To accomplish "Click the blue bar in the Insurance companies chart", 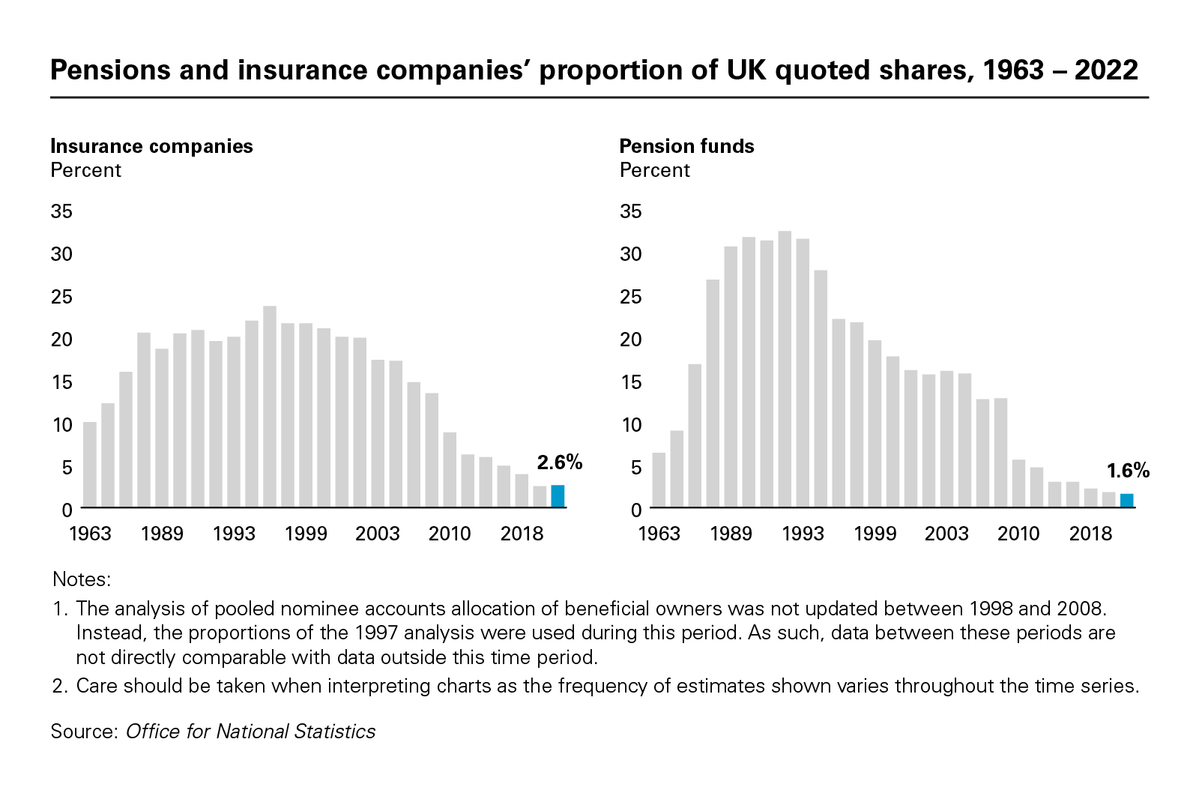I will click(558, 496).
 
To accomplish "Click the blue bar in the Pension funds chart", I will click(1126, 501).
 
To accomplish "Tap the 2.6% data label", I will click(559, 462).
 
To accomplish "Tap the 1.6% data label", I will click(1128, 471).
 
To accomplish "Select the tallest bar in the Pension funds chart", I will click(785, 369).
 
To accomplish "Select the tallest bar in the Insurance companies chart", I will click(270, 406).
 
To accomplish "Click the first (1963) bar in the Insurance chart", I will click(90, 465).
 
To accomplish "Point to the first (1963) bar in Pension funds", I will click(659, 480).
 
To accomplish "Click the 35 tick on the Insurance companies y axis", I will click(61, 211).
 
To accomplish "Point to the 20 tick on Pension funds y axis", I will click(631, 340).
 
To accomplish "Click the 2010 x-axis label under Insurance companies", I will click(450, 534).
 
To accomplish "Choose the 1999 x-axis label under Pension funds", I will click(875, 534).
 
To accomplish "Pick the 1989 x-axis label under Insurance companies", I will click(162, 534).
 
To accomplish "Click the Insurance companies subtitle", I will click(151, 146).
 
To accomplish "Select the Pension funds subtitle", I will click(686, 146).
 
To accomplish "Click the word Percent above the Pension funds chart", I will click(654, 170).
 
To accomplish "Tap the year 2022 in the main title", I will click(1106, 70).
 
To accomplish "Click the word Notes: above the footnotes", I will click(82, 579).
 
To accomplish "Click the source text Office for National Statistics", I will click(250, 732).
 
